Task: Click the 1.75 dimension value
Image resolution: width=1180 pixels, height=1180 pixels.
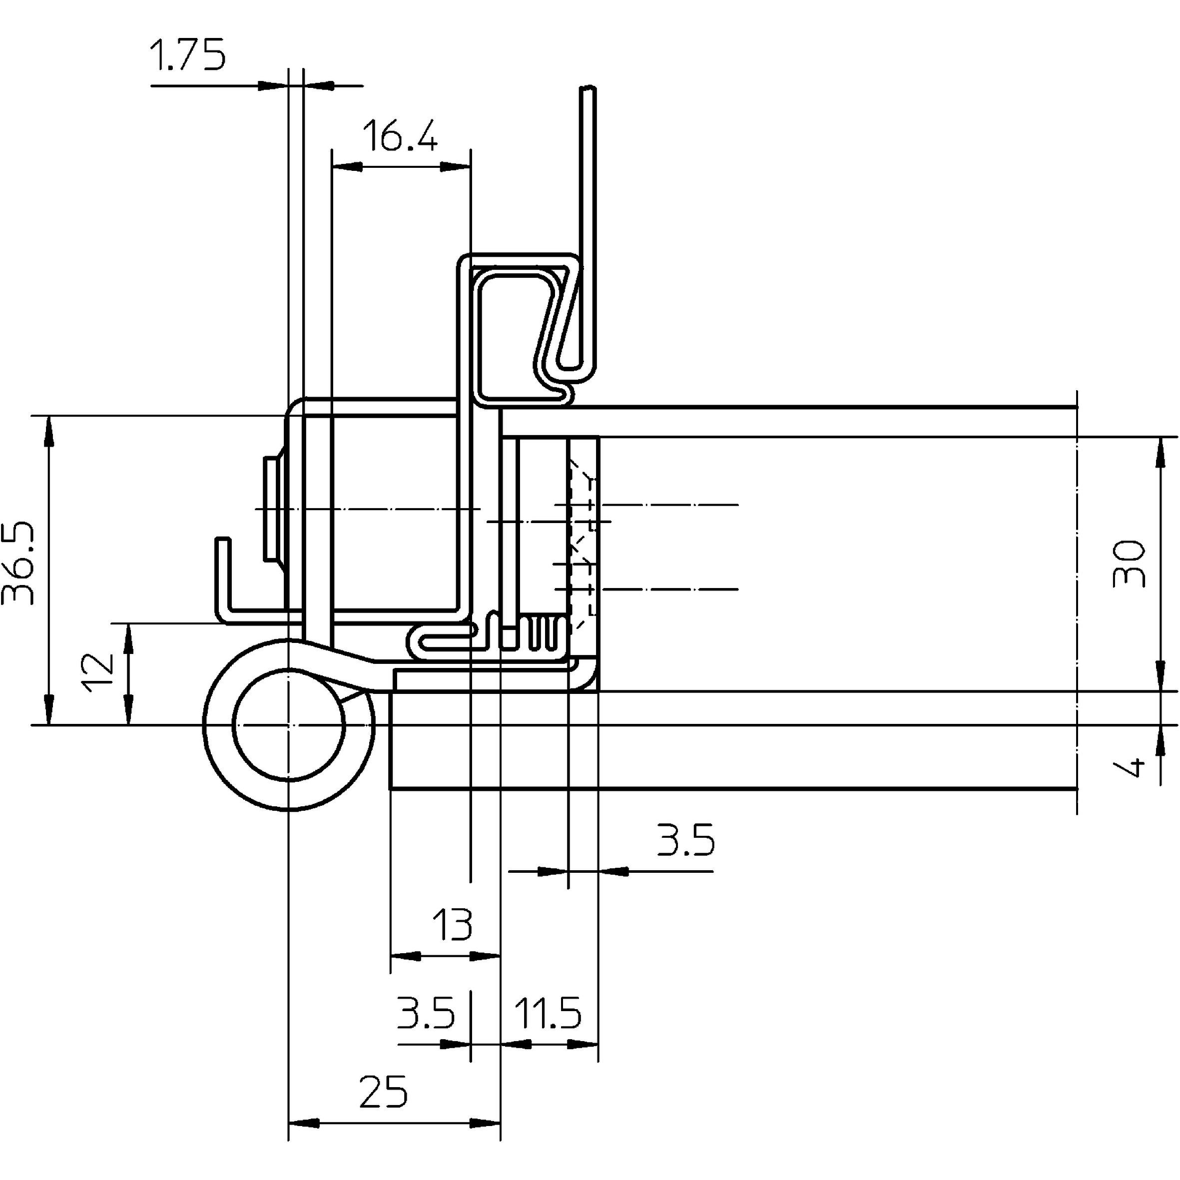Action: click(x=187, y=55)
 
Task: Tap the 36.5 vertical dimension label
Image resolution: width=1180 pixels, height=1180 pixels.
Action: click(x=18, y=563)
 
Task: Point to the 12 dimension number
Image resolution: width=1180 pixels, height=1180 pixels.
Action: click(x=99, y=672)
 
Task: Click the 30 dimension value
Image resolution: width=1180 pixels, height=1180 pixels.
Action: click(x=1128, y=563)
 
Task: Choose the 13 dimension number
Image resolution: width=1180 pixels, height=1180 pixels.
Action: click(x=452, y=925)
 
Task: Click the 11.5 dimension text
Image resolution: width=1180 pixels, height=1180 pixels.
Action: click(x=548, y=1013)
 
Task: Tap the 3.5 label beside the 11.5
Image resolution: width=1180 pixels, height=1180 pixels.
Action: click(x=426, y=1013)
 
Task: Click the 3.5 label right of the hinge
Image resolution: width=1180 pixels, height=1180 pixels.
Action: click(x=684, y=840)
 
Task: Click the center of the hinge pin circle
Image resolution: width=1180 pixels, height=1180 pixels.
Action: click(x=289, y=725)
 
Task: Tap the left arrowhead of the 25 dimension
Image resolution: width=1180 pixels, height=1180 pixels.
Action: click(x=303, y=1123)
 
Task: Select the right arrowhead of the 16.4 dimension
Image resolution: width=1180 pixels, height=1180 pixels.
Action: click(x=456, y=166)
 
